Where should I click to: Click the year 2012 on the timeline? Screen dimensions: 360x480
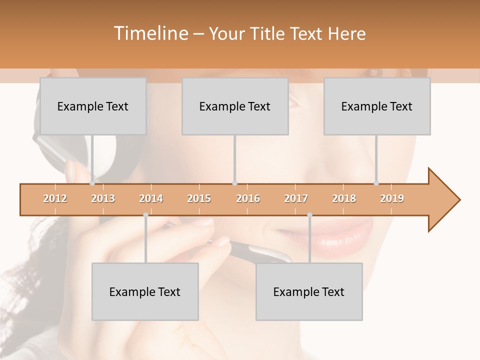pos(55,198)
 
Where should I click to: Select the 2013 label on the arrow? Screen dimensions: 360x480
pos(103,198)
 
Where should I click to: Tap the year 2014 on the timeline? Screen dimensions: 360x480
pos(151,198)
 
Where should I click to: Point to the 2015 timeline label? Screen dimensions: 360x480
pos(199,198)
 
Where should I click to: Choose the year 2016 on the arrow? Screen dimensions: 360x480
pos(248,198)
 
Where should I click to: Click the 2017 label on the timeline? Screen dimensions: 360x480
pos(296,198)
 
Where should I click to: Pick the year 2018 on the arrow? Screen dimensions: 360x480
pos(344,198)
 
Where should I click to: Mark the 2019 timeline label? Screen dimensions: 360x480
pos(392,198)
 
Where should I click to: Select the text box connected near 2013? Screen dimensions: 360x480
pos(93,106)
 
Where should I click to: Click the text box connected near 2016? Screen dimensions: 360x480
pos(235,106)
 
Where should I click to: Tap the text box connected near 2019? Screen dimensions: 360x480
pos(377,106)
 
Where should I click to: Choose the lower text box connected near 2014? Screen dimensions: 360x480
pos(145,291)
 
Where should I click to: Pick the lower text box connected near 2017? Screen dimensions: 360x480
pos(309,291)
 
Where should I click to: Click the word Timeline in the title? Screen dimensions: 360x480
pos(150,33)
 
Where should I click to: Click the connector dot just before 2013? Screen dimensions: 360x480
pos(92,183)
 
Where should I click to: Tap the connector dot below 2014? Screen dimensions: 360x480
pos(145,215)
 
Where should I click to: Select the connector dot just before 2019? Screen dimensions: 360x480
pos(376,183)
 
